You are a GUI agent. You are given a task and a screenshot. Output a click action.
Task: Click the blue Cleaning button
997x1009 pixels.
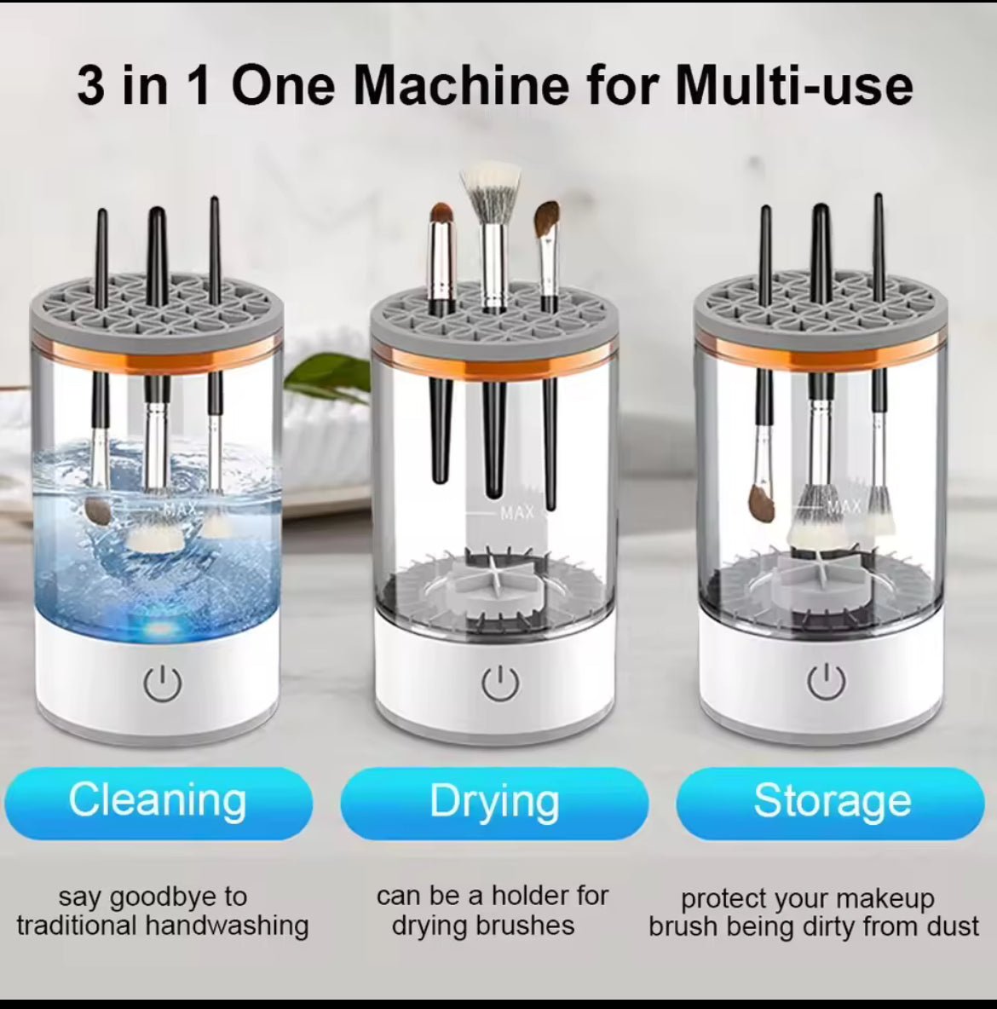coord(158,802)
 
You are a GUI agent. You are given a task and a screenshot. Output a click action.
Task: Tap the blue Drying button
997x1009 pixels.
coord(494,803)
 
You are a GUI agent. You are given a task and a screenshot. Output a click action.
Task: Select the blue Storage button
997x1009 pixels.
coord(831,803)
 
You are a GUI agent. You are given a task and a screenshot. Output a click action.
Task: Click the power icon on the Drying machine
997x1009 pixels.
coord(500,683)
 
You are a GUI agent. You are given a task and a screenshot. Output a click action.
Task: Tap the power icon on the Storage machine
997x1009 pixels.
coord(826,682)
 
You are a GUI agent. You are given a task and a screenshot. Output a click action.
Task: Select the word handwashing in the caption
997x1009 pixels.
coord(227,926)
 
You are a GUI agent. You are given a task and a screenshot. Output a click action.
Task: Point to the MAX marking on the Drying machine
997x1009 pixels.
coord(517,513)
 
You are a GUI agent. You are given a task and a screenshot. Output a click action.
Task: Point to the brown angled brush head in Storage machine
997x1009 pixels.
coord(762,503)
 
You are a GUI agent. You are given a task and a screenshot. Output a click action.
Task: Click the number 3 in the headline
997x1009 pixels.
coord(91,85)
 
